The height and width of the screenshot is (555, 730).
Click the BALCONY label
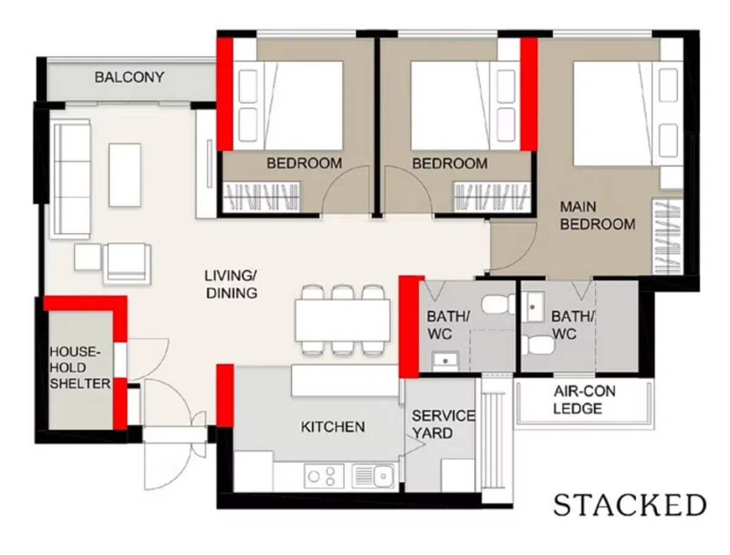(130, 77)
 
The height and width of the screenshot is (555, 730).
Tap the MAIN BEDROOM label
(597, 216)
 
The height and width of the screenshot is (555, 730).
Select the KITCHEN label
(333, 427)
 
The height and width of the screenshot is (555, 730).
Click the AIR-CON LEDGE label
(585, 400)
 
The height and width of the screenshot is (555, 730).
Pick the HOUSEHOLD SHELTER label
(80, 368)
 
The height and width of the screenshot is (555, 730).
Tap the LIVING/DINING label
(231, 284)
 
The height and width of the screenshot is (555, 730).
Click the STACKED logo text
(630, 505)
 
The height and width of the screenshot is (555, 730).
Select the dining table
(343, 320)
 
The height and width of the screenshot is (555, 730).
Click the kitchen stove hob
(324, 477)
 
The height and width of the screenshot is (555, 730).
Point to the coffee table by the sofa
(125, 175)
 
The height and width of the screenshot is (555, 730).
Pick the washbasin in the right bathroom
(532, 307)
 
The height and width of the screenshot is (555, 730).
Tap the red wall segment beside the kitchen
(225, 396)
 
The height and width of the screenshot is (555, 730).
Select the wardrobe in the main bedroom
(668, 236)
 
